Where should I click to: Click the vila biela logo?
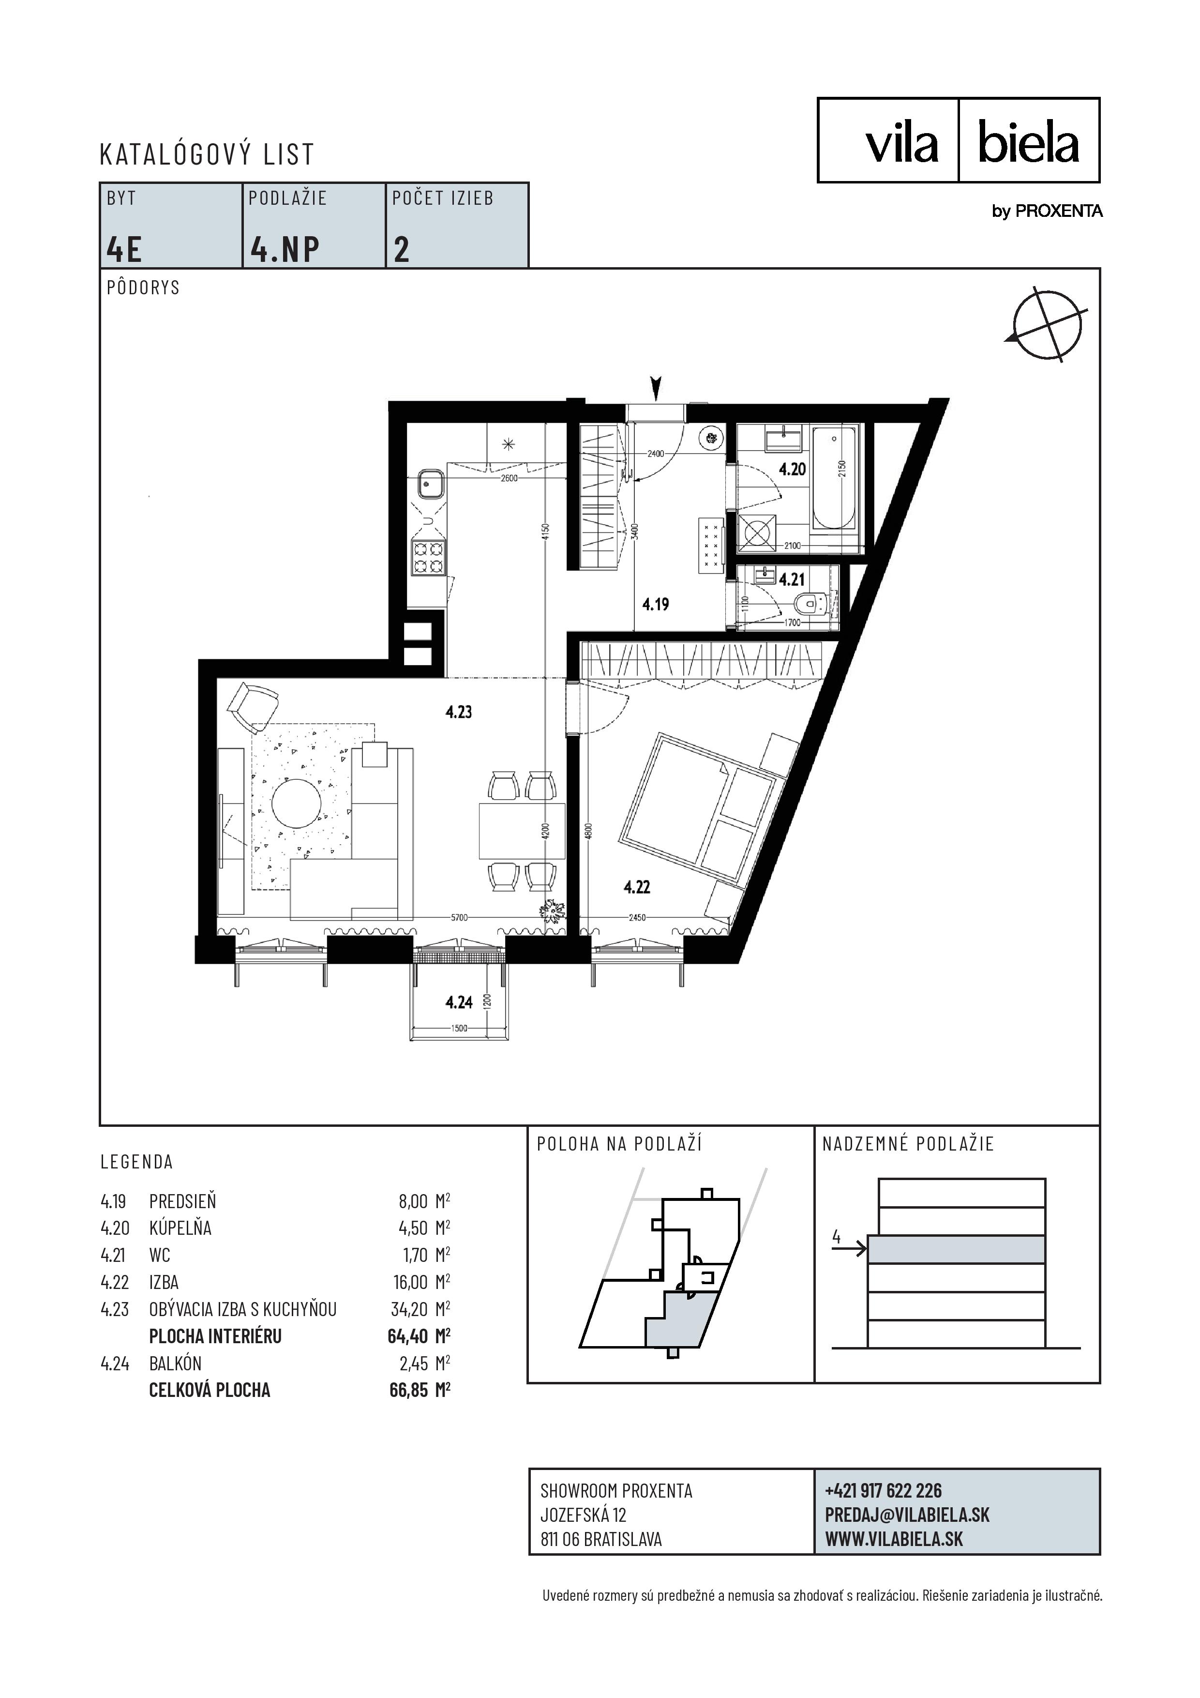coord(958,140)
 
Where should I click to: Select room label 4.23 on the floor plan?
coord(458,712)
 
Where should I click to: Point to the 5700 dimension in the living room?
coord(459,918)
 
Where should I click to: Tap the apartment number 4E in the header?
coord(124,249)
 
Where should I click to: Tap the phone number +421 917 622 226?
coord(884,1491)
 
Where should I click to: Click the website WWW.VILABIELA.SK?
coord(894,1539)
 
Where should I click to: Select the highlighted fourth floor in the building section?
coord(956,1250)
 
